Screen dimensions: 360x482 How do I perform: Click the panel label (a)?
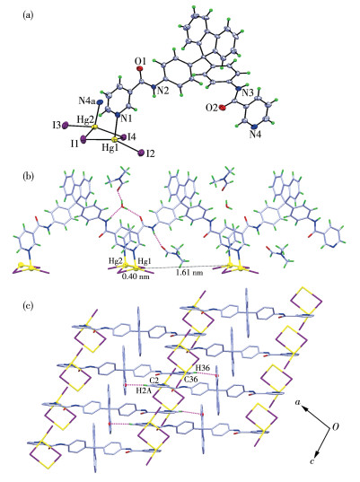28,15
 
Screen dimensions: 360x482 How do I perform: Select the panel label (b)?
28,177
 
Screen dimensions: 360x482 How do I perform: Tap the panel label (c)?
28,306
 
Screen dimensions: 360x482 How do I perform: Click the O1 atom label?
141,59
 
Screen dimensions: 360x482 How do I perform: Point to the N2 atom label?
163,91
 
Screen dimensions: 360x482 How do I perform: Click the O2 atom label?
213,108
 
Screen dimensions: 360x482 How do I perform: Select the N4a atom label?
86,101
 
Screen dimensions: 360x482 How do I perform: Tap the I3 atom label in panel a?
57,126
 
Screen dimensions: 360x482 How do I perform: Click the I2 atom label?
150,153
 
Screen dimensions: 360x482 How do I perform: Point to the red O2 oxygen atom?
223,108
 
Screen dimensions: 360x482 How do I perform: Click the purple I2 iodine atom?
141,153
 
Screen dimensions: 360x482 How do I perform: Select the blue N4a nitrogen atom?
99,101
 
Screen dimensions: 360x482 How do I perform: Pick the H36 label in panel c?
202,367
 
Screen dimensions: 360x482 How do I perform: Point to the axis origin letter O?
336,427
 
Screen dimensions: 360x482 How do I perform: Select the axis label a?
297,401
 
